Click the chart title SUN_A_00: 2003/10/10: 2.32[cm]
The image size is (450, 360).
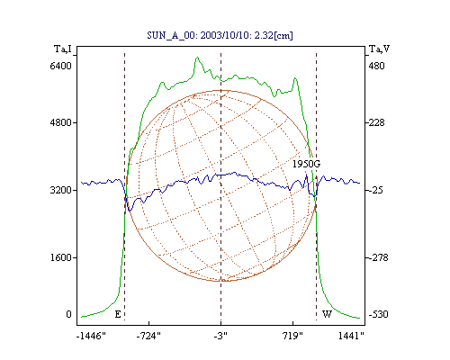pyautogui.click(x=220, y=35)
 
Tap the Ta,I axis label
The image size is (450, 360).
pyautogui.click(x=63, y=49)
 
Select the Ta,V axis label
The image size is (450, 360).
pyautogui.click(x=380, y=49)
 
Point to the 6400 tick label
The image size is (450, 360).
pyautogui.click(x=61, y=66)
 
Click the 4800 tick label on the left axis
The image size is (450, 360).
pyautogui.click(x=61, y=122)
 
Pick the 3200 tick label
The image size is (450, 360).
pyautogui.click(x=61, y=190)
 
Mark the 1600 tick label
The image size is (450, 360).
pyautogui.click(x=61, y=257)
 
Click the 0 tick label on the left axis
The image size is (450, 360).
pyautogui.click(x=68, y=314)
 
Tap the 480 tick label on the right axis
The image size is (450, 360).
pyautogui.click(x=377, y=66)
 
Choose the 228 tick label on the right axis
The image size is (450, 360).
pyautogui.click(x=377, y=122)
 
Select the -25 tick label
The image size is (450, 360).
pyautogui.click(x=376, y=190)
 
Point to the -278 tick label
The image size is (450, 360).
pyautogui.click(x=379, y=257)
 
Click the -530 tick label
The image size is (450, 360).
pyautogui.click(x=379, y=314)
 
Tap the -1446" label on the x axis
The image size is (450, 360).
pyautogui.click(x=92, y=337)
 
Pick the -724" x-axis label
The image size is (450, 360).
pyautogui.click(x=148, y=337)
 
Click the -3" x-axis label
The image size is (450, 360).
pyautogui.click(x=220, y=337)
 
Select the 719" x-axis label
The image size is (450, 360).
pyautogui.click(x=293, y=337)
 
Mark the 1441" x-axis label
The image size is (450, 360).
pyautogui.click(x=351, y=337)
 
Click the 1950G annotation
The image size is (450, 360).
pyautogui.click(x=306, y=164)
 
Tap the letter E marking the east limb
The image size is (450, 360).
pyautogui.click(x=118, y=314)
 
